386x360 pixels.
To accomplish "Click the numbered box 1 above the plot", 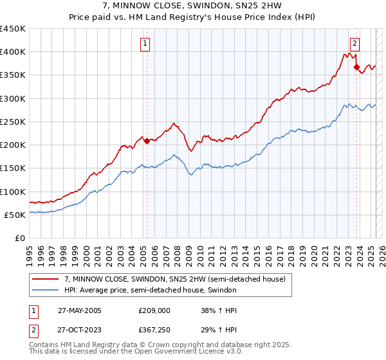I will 145,44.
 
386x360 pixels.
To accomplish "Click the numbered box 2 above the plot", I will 354,44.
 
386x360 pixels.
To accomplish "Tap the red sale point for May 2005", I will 147,141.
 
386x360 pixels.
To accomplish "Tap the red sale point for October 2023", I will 356,67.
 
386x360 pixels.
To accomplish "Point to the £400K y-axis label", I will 12,52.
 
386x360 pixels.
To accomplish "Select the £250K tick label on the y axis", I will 12,122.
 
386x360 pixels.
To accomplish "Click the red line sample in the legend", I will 46,279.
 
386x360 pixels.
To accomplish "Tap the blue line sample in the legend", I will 46,291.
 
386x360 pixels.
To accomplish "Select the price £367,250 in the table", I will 156,330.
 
